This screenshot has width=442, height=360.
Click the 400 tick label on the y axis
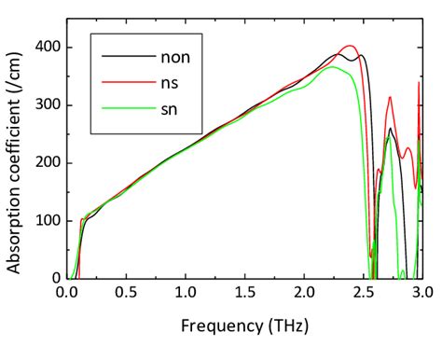(x=48, y=47)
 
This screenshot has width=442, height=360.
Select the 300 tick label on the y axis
(x=48, y=104)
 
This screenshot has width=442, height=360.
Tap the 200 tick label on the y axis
(x=48, y=162)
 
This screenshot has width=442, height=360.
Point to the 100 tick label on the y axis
(x=48, y=220)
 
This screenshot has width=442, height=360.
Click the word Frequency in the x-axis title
(x=220, y=327)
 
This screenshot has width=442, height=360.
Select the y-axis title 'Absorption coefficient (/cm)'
(x=16, y=159)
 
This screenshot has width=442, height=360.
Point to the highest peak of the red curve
(x=350, y=46)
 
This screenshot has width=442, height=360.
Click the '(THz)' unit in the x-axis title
(x=285, y=327)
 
